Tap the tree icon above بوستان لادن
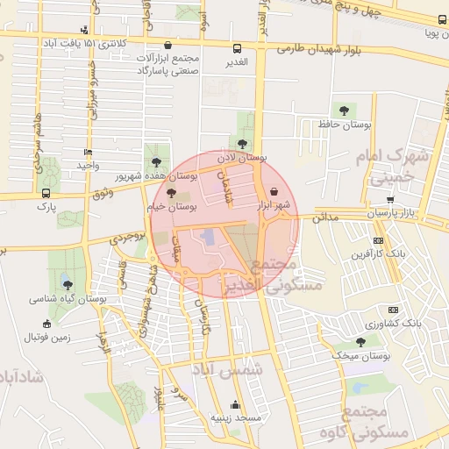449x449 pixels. click(x=243, y=143)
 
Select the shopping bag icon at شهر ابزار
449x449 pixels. click(x=274, y=190)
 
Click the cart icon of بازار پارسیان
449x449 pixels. click(x=389, y=199)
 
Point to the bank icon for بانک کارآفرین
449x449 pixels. click(x=378, y=240)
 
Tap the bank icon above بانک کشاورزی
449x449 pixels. click(x=393, y=309)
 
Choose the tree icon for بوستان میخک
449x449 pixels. click(x=360, y=342)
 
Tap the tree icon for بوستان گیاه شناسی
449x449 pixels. click(x=68, y=282)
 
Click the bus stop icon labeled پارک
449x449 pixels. click(x=46, y=193)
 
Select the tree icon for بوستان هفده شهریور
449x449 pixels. click(x=156, y=161)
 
